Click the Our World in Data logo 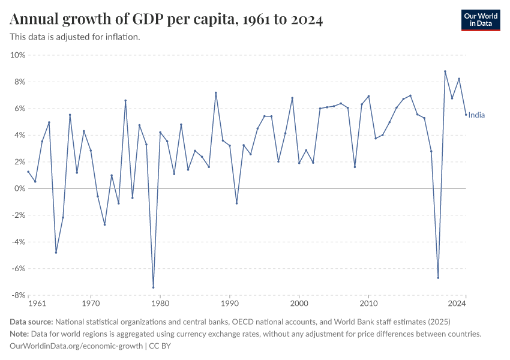pyautogui.click(x=480, y=19)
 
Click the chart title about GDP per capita pyautogui.click(x=167, y=20)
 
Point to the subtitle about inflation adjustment pyautogui.click(x=75, y=37)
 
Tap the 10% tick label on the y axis pyautogui.click(x=17, y=55)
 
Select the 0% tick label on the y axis pyautogui.click(x=19, y=188)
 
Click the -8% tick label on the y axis pyautogui.click(x=18, y=295)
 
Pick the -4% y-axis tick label pyautogui.click(x=18, y=242)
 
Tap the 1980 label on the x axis pyautogui.click(x=160, y=304)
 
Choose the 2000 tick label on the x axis pyautogui.click(x=299, y=304)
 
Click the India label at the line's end pyautogui.click(x=476, y=115)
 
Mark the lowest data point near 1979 pyautogui.click(x=153, y=287)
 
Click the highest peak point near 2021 pyautogui.click(x=445, y=71)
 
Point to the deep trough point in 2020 pyautogui.click(x=438, y=278)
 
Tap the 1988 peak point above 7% pyautogui.click(x=215, y=92)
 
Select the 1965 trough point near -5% pyautogui.click(x=56, y=253)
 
